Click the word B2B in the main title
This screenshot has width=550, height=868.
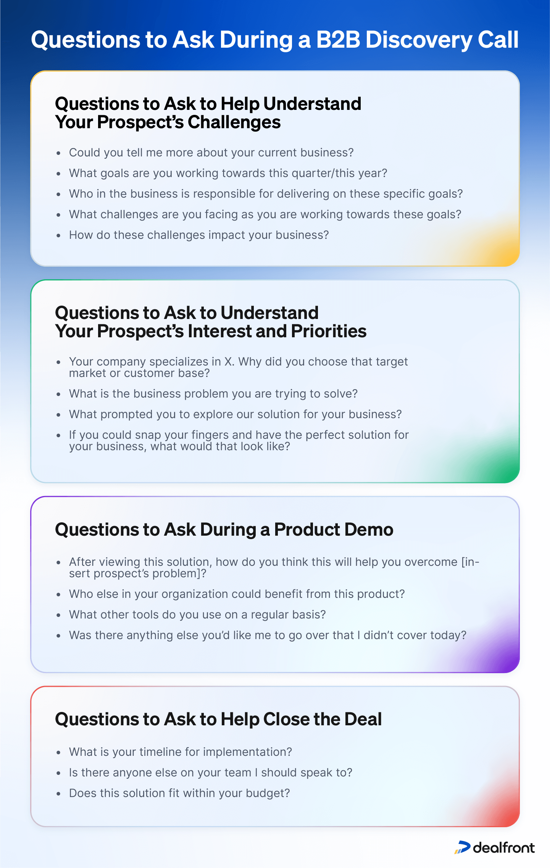(338, 40)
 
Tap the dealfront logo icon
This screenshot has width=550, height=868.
(462, 847)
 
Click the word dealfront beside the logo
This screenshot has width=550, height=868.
(503, 848)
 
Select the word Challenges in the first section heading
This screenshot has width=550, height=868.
(234, 122)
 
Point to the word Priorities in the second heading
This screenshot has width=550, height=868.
(329, 331)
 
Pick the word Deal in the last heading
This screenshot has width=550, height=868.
(363, 719)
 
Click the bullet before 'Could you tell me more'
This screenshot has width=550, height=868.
(58, 153)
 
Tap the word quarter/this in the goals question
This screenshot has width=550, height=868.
(323, 173)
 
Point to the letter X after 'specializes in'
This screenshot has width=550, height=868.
(229, 361)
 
